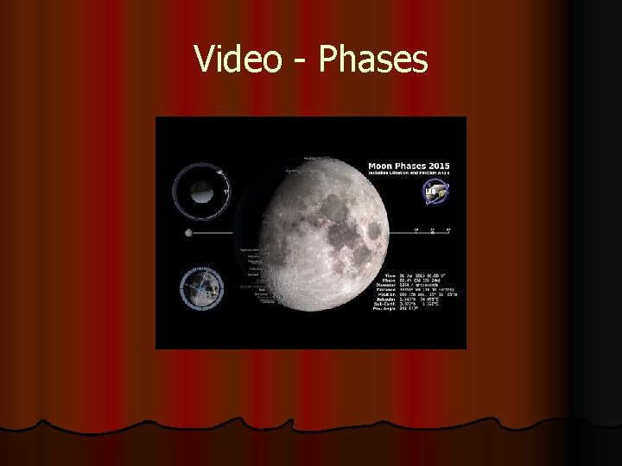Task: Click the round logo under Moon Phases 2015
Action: pos(431,192)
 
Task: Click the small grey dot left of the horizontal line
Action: pos(188,233)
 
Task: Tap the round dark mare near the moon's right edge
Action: pos(374,232)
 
